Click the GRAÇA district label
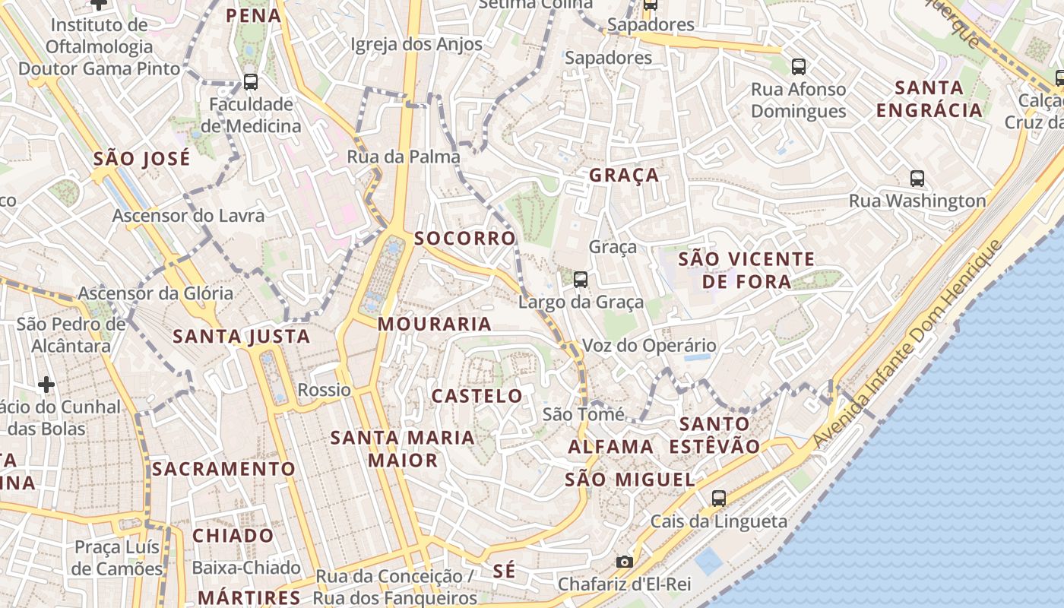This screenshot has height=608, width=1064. (624, 175)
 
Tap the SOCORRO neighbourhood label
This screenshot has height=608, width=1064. (465, 238)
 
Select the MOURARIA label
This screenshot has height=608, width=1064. (435, 324)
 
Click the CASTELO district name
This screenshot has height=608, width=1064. (477, 395)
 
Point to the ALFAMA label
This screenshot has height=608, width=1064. (610, 446)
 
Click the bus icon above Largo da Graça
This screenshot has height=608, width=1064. (581, 280)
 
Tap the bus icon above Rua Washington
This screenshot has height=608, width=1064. (917, 179)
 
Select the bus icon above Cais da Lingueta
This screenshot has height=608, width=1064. (718, 499)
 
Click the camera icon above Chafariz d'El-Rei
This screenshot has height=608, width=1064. (624, 562)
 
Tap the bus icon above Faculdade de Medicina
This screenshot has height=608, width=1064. (250, 81)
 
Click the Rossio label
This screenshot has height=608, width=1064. (324, 390)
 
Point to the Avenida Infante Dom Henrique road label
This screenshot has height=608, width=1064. (908, 344)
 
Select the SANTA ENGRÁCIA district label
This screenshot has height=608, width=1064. (929, 99)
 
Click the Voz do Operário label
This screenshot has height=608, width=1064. (648, 346)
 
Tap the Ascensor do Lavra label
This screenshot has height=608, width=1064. (188, 216)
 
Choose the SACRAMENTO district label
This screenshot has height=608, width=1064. (223, 469)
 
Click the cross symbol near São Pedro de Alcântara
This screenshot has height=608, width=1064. (46, 385)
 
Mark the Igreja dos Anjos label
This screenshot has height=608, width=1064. (416, 44)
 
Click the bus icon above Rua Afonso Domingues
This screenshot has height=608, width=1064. (798, 66)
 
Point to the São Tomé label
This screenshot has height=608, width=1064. (583, 415)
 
